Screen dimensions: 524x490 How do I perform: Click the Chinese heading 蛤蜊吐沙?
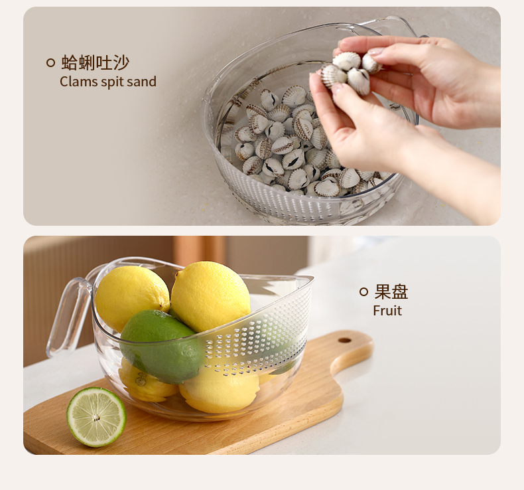click(96, 62)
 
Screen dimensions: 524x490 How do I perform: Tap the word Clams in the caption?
click(78, 82)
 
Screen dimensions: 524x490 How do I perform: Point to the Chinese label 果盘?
click(391, 291)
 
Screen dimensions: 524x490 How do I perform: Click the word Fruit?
click(387, 311)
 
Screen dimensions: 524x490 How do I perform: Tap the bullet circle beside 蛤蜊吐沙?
click(50, 62)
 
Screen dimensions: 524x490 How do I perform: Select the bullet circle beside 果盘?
click(363, 291)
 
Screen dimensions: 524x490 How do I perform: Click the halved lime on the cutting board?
click(96, 417)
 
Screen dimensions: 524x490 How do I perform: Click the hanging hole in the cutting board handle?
click(344, 341)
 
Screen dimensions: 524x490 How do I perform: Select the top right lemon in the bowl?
click(210, 296)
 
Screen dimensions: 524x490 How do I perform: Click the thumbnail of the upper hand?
click(377, 52)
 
